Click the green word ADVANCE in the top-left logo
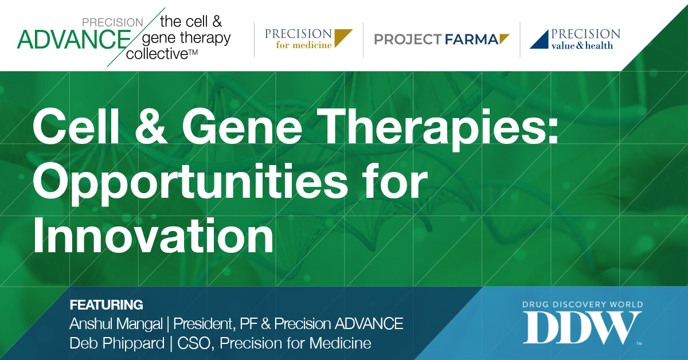(x=74, y=40)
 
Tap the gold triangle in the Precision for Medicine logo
(x=341, y=36)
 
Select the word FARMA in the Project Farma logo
(x=471, y=40)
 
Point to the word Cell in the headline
(x=76, y=127)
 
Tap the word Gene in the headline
(x=243, y=127)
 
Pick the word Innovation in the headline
(x=153, y=236)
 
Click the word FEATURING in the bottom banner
(x=106, y=305)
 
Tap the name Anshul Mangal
(x=116, y=324)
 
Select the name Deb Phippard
(x=117, y=344)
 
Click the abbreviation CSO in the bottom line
(x=196, y=343)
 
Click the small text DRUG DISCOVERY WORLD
(x=583, y=304)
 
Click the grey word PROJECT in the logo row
(x=408, y=40)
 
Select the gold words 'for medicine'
(x=304, y=45)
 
